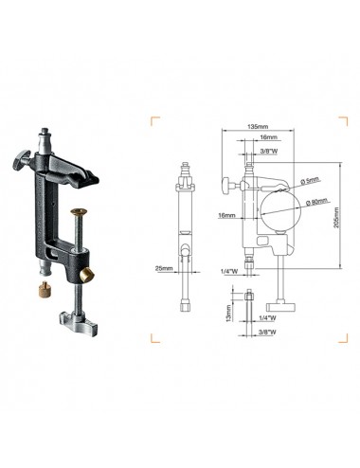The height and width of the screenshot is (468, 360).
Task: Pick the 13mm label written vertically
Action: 228,312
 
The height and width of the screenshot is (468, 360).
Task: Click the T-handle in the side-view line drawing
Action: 282,308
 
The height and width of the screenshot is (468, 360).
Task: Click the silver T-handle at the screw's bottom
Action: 75,310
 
